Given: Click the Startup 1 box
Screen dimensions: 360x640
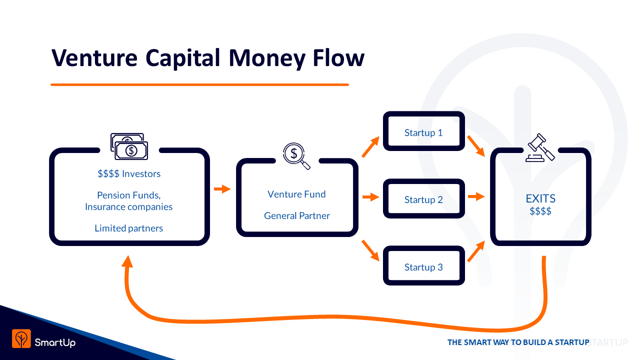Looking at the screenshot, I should pos(423,131).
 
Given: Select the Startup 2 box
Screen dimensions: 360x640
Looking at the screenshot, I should pos(423,198).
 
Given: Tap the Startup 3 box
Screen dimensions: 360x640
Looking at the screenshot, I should pos(423,266).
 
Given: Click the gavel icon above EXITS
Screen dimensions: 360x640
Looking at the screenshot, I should pos(540,147).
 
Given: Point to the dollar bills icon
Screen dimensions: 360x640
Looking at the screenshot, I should pos(129,146).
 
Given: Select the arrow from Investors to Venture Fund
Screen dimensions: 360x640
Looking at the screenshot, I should pos(222,189).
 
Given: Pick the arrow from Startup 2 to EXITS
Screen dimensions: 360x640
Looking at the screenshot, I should pos(476,196).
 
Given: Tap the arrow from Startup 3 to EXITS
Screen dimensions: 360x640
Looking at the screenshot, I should pos(476,251).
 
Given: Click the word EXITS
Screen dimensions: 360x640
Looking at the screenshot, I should pos(540,198).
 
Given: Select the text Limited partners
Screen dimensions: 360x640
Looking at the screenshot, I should pos(129,228).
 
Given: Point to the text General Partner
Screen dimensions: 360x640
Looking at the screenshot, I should pos(297,216).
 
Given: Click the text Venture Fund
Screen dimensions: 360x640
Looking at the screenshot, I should pos(296,194).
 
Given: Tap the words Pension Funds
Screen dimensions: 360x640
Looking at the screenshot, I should pos(129,195).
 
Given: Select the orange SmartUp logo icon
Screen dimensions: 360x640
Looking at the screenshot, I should pos(21,338).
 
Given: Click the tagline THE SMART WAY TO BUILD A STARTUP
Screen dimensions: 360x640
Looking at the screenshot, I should pos(518,342).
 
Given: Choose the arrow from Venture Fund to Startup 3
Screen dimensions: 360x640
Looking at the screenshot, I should pos(370,250).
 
